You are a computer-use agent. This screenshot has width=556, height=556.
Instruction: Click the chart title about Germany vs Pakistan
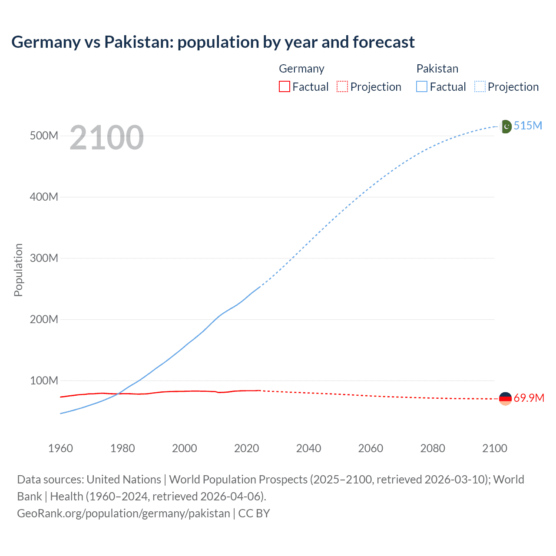click(213, 42)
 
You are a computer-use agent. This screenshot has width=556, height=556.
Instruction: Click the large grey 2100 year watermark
click(106, 138)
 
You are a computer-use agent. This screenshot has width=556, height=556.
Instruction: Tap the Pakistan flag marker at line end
click(506, 126)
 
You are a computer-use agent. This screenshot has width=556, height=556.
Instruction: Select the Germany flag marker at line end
click(505, 398)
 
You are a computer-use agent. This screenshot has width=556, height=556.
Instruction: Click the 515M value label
click(528, 126)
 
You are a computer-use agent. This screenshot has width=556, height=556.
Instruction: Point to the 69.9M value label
click(529, 398)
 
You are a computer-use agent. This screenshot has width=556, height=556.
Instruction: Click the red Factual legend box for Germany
click(285, 86)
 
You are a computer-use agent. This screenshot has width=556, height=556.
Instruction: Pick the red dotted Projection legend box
click(342, 86)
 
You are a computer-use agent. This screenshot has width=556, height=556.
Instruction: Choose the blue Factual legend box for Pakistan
click(422, 86)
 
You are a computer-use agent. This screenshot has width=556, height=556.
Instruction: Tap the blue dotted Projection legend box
click(480, 86)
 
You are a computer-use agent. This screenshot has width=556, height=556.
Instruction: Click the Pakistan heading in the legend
click(437, 69)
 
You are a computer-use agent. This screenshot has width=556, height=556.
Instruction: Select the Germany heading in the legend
click(301, 69)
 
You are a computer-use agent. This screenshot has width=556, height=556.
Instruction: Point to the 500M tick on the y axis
click(44, 136)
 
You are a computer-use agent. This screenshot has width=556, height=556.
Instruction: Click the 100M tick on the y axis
click(44, 381)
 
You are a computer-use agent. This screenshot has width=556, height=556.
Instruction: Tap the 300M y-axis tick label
click(44, 258)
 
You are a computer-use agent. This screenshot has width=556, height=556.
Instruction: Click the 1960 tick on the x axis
click(60, 448)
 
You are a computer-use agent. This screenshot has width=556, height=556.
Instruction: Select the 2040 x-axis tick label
click(308, 448)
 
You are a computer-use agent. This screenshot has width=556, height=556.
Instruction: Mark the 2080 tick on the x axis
click(433, 448)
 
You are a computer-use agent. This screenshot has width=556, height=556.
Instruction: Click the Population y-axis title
click(18, 270)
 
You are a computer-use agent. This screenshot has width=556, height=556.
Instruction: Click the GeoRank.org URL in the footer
click(123, 513)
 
